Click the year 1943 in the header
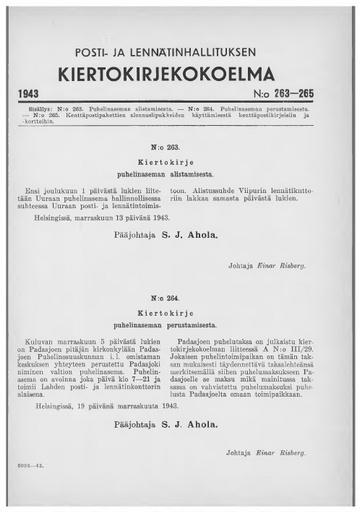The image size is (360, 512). coord(37,93)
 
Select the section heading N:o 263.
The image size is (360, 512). coord(181,146)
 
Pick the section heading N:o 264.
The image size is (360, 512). coord(181,298)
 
